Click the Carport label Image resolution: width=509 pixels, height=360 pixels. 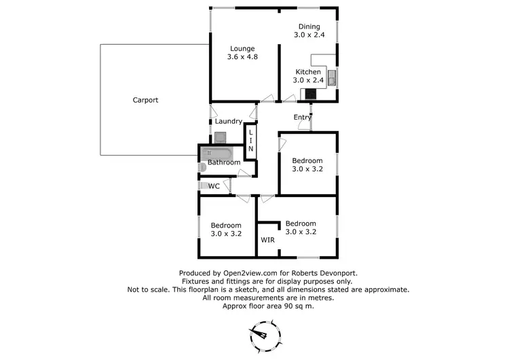tap(145, 100)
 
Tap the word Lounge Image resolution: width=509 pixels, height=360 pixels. tap(242, 48)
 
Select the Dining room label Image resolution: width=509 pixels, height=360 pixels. tap(309, 27)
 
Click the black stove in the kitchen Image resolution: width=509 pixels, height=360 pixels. tap(310, 95)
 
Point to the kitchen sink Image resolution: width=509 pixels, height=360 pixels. tap(331, 78)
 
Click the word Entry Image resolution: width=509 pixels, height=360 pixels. tap(303, 118)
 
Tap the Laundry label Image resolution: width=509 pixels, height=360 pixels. tap(229, 122)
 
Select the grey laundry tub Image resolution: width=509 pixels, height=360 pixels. tap(221, 136)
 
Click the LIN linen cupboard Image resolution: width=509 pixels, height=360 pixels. tap(250, 140)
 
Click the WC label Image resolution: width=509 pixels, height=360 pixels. tap(214, 185)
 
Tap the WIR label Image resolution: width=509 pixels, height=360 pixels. tap(268, 240)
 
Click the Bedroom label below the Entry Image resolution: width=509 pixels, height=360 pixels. tap(307, 161)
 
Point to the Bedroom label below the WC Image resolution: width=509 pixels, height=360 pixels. tap(225, 226)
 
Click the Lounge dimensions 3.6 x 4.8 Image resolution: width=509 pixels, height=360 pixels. tap(242, 57)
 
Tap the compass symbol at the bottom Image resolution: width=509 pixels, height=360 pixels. tap(261, 336)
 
